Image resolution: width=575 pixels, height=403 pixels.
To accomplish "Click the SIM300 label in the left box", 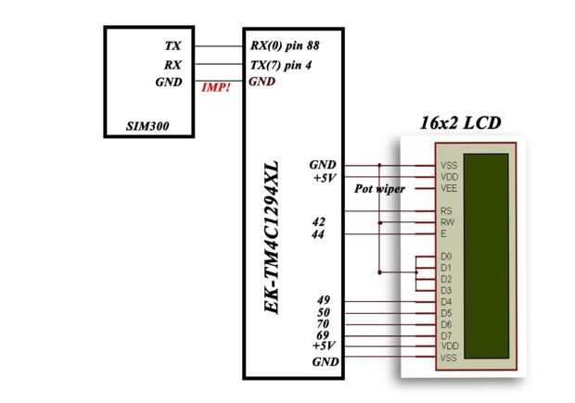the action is [147, 126].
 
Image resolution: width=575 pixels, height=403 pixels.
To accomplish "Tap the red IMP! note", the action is [216, 88].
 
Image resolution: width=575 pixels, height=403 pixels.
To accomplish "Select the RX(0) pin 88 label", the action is [285, 45].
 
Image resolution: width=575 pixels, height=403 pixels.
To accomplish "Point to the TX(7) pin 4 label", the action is [281, 65].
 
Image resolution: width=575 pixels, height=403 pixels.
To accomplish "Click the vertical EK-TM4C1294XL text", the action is [272, 237].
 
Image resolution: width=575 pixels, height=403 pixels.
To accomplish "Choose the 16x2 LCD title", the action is [460, 122].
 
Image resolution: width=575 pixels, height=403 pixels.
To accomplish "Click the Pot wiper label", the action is [379, 189].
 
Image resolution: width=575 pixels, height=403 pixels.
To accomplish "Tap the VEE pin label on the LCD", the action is [449, 189].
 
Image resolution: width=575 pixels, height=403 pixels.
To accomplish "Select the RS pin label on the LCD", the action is [446, 211].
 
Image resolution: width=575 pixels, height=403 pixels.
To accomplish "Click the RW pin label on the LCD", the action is [447, 222].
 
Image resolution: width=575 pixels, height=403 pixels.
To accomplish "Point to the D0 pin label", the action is [446, 256].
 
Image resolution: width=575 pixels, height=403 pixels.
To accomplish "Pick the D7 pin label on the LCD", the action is [446, 335].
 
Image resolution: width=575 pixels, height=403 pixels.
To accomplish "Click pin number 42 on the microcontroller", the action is [319, 221].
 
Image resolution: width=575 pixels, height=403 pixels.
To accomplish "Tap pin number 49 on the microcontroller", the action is [324, 300].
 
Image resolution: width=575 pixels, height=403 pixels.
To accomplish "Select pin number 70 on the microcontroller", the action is [323, 324].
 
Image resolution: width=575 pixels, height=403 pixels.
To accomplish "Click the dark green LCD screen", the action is [486, 256].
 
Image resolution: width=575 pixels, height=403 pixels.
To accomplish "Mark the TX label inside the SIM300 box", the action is [172, 45].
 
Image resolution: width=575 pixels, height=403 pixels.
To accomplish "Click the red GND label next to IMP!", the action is [262, 82].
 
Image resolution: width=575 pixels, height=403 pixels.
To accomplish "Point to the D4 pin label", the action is [446, 302].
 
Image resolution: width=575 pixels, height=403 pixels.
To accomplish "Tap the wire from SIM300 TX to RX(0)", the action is [219, 46].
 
